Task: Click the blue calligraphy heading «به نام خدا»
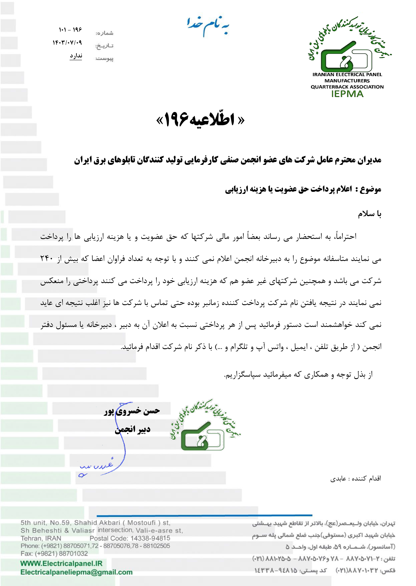(x=208, y=26)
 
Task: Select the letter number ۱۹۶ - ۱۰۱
(x=70, y=30)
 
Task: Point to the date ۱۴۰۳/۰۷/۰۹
(x=67, y=42)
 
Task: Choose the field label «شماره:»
(x=104, y=33)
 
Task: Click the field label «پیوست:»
(x=104, y=59)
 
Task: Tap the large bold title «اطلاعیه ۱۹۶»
(x=200, y=119)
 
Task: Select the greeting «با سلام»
(x=369, y=214)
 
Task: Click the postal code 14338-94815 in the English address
(x=150, y=538)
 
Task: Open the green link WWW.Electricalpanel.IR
(x=61, y=563)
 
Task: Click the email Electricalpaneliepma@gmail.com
(x=76, y=572)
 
